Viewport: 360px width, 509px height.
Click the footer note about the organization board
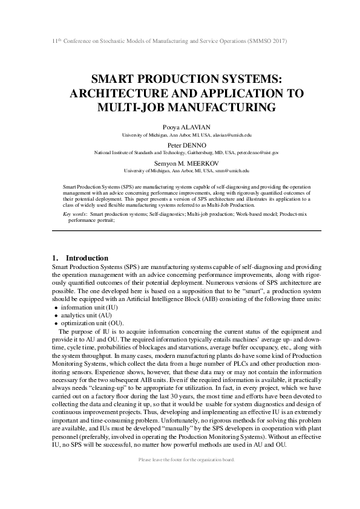coord(186,460)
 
